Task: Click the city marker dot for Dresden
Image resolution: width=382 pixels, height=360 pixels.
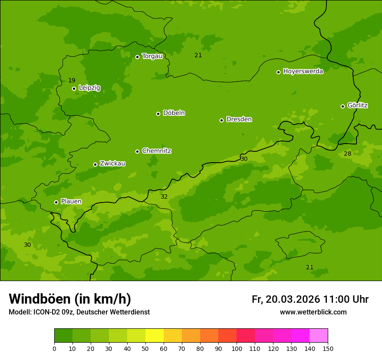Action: pos(221,120)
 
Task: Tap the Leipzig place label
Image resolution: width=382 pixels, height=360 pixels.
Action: pos(89,88)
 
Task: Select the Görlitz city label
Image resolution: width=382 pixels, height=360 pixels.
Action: pos(358,105)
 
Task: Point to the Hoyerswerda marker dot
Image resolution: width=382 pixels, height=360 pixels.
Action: pos(278,72)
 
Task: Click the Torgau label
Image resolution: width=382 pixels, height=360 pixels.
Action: pos(152,56)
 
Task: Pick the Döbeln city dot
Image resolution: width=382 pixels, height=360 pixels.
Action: pos(158,114)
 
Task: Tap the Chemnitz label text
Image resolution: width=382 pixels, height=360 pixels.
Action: pos(156,151)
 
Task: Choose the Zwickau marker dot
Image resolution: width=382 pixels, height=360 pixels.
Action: pos(95,164)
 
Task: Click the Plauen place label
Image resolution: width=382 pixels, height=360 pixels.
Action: pos(71,201)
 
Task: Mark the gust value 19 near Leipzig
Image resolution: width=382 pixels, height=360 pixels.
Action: pos(72,80)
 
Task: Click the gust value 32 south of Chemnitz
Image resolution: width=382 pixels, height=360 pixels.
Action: pos(164,196)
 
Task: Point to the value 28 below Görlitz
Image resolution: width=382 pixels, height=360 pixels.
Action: pos(348,154)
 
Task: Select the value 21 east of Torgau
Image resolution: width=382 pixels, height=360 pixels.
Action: pos(198,55)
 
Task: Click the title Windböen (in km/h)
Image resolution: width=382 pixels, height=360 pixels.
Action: pos(70,299)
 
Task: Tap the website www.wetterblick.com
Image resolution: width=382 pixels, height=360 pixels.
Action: pos(313,312)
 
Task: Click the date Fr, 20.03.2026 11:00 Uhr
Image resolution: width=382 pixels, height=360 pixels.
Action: pos(310,299)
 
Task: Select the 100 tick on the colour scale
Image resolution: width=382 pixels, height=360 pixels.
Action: pos(237,348)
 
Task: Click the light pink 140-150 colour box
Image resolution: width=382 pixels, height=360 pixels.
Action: pos(319,336)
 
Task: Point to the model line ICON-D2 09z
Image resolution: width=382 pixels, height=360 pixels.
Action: pos(79,312)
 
